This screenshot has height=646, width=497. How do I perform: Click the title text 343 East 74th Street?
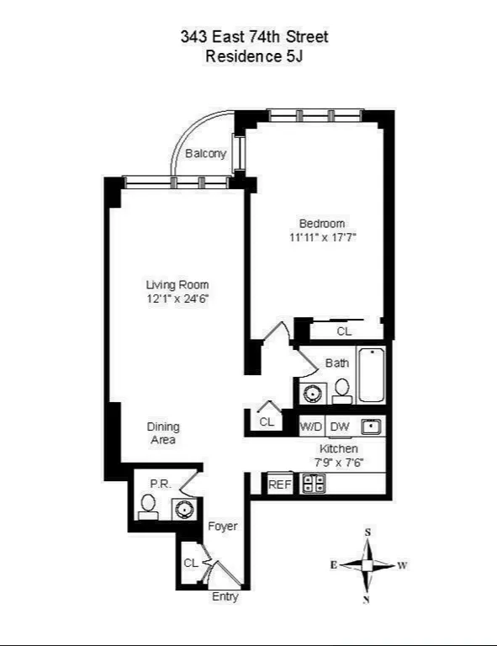254,36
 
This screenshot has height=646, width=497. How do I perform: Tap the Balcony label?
205,154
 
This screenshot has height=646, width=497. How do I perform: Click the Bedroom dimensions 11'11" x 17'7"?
322,237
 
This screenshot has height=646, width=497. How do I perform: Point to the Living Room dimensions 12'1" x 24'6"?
177,299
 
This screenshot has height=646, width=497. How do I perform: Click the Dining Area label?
163,433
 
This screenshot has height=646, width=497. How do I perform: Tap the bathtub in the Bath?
371,375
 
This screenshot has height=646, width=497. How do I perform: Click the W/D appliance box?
311,426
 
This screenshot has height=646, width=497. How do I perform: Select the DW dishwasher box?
340,426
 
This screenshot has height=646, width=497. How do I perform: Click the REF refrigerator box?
279,484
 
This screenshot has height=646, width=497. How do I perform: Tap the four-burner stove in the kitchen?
314,484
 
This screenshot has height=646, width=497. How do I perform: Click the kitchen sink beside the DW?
371,426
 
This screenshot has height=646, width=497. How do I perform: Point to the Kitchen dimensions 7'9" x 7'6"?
339,462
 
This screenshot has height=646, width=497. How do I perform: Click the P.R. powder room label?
160,484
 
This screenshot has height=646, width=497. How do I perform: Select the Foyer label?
223,527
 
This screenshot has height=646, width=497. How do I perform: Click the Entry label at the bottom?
225,597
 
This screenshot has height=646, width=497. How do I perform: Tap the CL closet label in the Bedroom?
344,331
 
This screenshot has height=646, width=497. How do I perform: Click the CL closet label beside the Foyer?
192,563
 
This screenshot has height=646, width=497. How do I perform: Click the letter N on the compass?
367,599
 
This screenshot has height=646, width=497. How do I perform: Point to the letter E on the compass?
334,565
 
